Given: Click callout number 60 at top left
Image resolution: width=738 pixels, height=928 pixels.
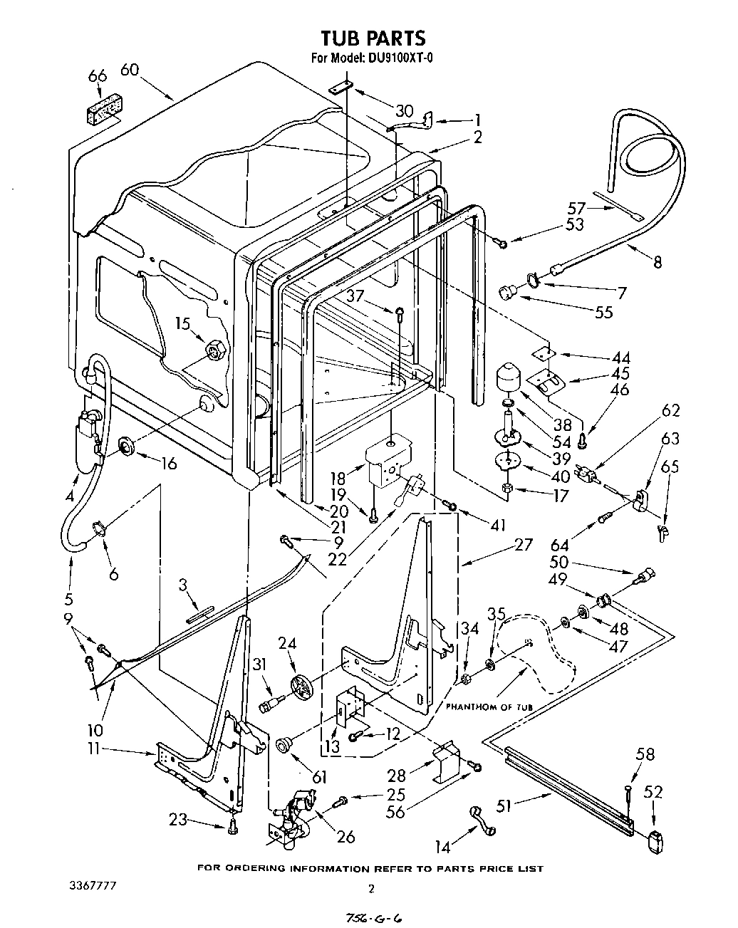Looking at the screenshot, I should tap(129, 69).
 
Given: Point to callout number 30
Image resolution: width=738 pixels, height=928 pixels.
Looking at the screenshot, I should tap(404, 111).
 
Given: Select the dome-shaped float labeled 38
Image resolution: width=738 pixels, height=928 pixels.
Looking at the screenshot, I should tap(509, 376).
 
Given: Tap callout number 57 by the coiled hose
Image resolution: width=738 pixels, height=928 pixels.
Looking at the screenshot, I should tap(576, 208).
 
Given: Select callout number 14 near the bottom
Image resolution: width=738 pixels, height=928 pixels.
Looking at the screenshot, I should tap(443, 848).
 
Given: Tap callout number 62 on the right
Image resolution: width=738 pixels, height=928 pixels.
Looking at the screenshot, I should tap(670, 410).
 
